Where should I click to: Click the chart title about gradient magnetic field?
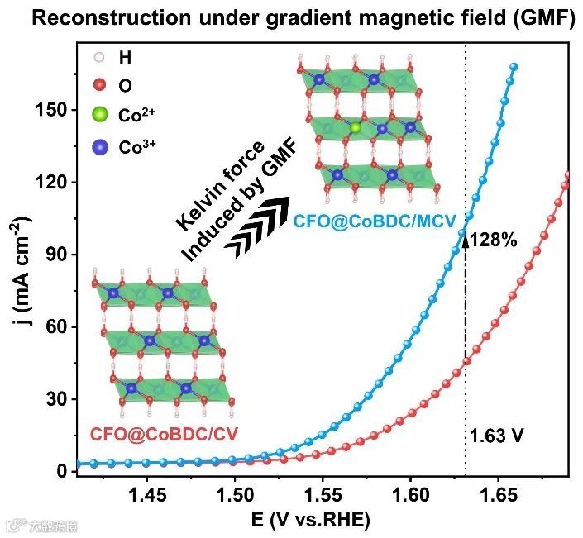[291, 19]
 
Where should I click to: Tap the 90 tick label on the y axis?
[53, 255]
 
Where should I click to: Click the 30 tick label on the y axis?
[53, 399]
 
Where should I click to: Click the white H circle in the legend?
[100, 58]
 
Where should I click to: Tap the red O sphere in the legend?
[100, 84]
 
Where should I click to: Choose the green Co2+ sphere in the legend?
[100, 115]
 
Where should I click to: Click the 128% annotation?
[494, 240]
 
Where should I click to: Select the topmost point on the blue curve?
[514, 66]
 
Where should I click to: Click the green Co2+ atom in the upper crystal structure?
[356, 127]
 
